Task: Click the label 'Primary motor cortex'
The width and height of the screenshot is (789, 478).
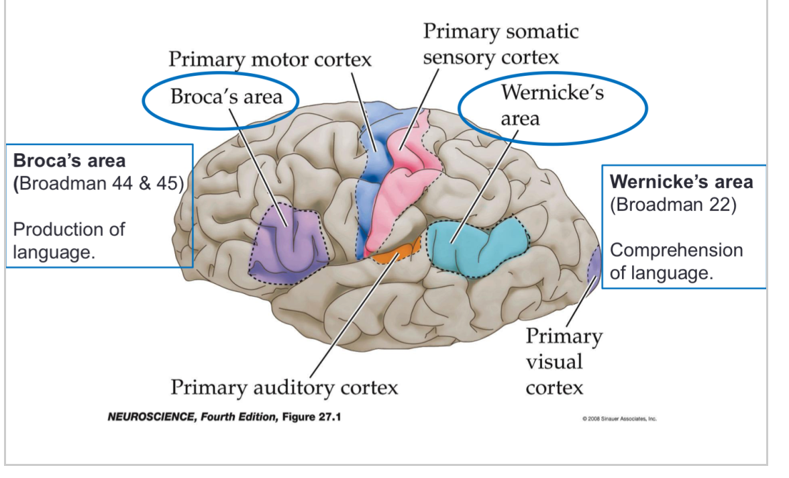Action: click(269, 59)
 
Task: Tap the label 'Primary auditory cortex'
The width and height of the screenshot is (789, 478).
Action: click(284, 387)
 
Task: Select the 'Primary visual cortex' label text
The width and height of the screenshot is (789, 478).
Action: click(563, 361)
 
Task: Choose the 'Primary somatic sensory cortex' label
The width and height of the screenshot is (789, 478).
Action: click(500, 44)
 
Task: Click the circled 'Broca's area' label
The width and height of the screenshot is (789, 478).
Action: click(225, 97)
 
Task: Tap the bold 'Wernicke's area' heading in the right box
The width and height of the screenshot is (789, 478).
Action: click(681, 182)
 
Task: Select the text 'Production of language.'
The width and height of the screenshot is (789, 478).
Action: click(68, 240)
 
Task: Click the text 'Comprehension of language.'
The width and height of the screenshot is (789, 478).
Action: click(676, 262)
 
